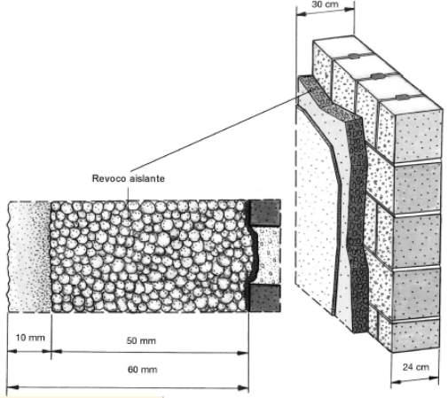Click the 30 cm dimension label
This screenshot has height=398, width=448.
point(325,4)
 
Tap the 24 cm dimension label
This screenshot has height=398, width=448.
point(415,367)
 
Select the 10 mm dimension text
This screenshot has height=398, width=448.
point(30,338)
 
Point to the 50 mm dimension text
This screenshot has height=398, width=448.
point(141,340)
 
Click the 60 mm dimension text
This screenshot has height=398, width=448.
point(142,370)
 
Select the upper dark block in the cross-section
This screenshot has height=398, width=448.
point(265,213)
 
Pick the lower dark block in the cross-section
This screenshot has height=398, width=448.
point(265,298)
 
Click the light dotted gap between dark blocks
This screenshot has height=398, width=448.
point(268,255)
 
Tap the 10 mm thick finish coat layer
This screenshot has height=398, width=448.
point(29,256)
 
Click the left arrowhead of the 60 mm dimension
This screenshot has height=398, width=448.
point(12,387)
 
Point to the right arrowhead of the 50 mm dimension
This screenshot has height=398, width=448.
point(243,353)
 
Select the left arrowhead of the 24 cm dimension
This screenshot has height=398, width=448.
point(397,382)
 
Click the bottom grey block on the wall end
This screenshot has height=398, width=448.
point(415,334)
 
